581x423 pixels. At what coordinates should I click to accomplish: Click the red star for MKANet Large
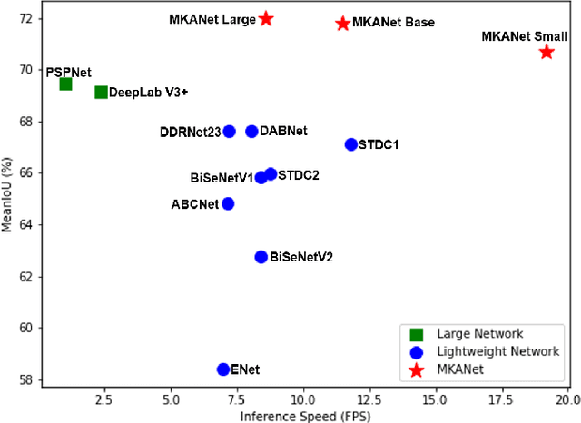[266, 18]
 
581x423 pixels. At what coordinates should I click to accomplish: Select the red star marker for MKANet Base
[342, 23]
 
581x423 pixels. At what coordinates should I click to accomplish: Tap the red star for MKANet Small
[547, 52]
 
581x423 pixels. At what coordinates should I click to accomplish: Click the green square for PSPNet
[65, 84]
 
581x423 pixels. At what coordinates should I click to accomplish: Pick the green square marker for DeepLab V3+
[101, 92]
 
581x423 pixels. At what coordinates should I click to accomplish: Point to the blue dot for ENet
[223, 369]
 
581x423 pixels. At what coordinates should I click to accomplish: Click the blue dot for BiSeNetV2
[261, 257]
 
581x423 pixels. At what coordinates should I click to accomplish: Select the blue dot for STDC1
[351, 144]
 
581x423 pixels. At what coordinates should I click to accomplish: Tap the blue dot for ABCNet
[228, 203]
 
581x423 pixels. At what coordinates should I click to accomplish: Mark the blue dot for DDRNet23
[230, 132]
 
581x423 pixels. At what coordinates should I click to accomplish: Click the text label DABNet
[283, 131]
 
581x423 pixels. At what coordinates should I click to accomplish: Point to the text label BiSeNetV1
[222, 178]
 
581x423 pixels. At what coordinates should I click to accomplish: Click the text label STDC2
[299, 174]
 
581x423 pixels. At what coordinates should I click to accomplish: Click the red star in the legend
[418, 369]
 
